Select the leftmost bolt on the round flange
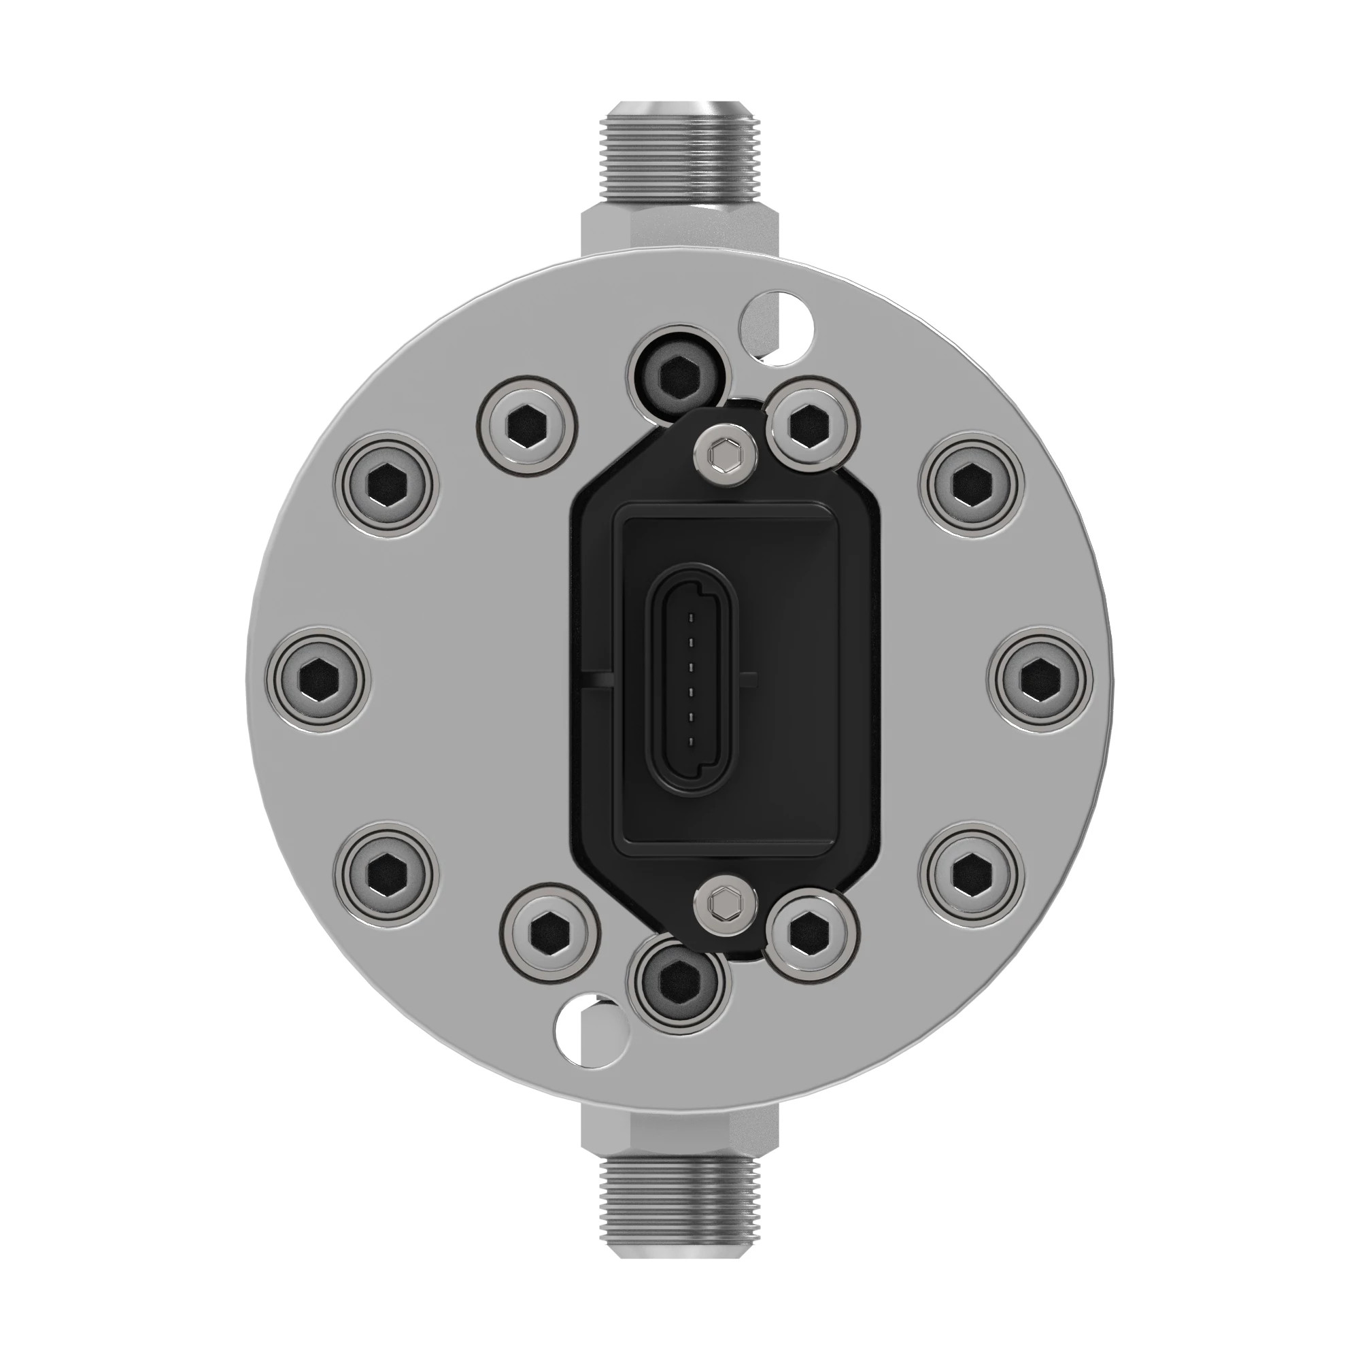318,679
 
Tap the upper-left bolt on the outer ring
387,486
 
